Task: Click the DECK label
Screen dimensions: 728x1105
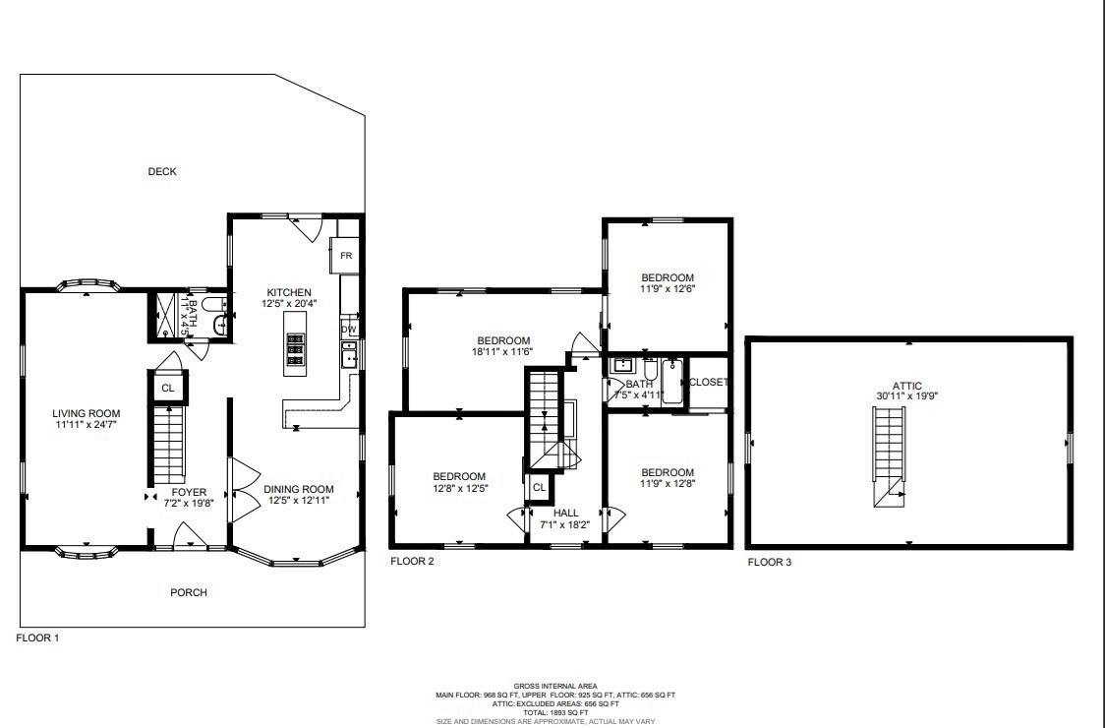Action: click(x=162, y=172)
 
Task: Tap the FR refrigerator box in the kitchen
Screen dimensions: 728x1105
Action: click(x=346, y=256)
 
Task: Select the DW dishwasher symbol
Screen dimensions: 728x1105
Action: click(x=349, y=329)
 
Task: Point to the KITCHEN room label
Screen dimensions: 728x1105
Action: click(x=289, y=293)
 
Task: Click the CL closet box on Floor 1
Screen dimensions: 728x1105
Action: click(x=168, y=389)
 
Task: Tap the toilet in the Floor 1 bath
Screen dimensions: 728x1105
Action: click(x=219, y=322)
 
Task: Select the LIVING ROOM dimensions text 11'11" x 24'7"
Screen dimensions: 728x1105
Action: click(x=87, y=425)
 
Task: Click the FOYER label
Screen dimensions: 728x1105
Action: click(x=189, y=492)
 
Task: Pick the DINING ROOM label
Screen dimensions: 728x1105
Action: click(x=299, y=489)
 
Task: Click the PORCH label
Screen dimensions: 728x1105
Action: click(x=188, y=592)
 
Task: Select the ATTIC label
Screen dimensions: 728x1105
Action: click(x=909, y=386)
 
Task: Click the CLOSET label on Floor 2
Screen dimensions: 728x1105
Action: click(x=708, y=382)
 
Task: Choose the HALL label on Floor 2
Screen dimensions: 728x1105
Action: click(x=565, y=513)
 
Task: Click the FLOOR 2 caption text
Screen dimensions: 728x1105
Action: click(x=412, y=562)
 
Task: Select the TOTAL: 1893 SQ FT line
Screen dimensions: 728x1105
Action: click(x=555, y=712)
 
